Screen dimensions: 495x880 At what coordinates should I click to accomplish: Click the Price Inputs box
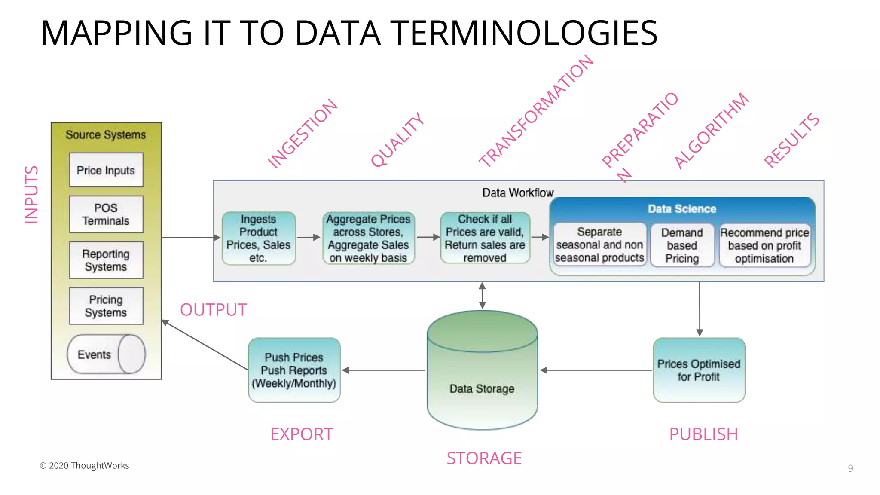pyautogui.click(x=106, y=170)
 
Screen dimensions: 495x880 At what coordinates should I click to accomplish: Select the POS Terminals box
pyautogui.click(x=106, y=214)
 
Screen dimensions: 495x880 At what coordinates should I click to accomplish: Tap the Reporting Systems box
pyautogui.click(x=106, y=260)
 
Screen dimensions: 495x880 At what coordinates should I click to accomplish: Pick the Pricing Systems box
pyautogui.click(x=106, y=306)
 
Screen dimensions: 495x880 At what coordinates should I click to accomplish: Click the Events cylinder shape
pyautogui.click(x=106, y=354)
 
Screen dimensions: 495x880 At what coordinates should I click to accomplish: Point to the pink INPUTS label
pyautogui.click(x=31, y=195)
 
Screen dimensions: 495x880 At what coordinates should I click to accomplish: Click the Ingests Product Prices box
pyautogui.click(x=259, y=238)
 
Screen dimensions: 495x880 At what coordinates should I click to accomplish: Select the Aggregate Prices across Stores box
pyautogui.click(x=368, y=238)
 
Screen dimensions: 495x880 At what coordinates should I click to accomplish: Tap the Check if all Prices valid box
pyautogui.click(x=485, y=238)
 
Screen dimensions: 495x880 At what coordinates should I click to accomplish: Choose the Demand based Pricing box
pyautogui.click(x=682, y=245)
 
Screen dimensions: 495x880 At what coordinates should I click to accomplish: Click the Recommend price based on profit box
pyautogui.click(x=764, y=245)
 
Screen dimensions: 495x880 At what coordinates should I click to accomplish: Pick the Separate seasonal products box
pyautogui.click(x=599, y=244)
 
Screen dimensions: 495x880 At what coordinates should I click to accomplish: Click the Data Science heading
pyautogui.click(x=682, y=209)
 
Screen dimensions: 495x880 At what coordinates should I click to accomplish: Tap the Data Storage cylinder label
pyautogui.click(x=482, y=388)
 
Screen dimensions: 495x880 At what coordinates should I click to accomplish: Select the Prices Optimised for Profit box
pyautogui.click(x=699, y=370)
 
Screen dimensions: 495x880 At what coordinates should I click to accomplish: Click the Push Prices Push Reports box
pyautogui.click(x=294, y=370)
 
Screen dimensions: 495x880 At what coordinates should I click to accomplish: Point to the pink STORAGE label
pyautogui.click(x=484, y=458)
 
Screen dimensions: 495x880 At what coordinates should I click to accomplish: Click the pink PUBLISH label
pyautogui.click(x=703, y=434)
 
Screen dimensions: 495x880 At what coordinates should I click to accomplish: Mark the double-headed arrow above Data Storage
pyautogui.click(x=482, y=296)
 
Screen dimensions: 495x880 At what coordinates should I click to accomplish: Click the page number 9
pyautogui.click(x=850, y=468)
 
